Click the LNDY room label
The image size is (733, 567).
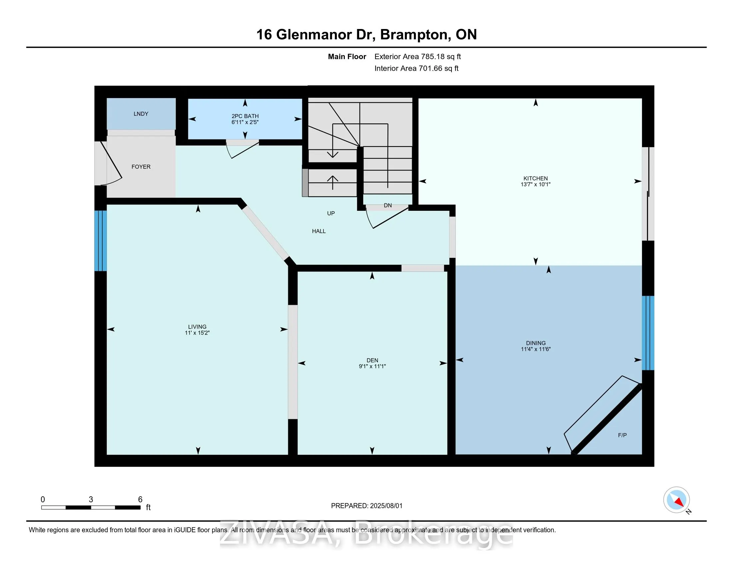click(x=141, y=114)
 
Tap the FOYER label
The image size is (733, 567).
click(x=141, y=167)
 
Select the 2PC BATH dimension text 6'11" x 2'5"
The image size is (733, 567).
click(x=245, y=122)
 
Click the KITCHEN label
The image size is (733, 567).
click(x=535, y=178)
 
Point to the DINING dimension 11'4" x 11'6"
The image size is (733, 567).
click(x=536, y=349)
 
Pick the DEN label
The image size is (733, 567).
click(x=372, y=360)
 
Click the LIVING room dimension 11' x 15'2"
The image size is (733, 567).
click(x=197, y=333)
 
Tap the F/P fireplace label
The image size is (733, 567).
click(x=622, y=435)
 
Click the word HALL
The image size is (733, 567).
click(x=319, y=231)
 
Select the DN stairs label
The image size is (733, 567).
click(x=387, y=205)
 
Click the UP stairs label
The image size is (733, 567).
click(x=331, y=213)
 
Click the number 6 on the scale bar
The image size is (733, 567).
click(x=140, y=500)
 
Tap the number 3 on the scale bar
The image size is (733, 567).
click(x=91, y=500)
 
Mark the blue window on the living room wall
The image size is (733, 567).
click(x=100, y=240)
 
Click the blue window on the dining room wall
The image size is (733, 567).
click(x=648, y=333)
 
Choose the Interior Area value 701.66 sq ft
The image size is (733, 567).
click(x=438, y=68)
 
